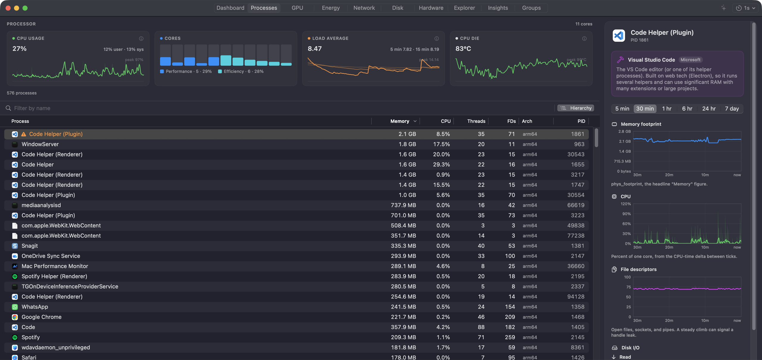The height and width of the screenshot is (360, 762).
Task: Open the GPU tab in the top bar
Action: pyautogui.click(x=297, y=8)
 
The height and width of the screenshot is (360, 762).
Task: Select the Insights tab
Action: pyautogui.click(x=498, y=8)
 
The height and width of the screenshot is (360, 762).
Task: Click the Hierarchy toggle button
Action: pyautogui.click(x=576, y=108)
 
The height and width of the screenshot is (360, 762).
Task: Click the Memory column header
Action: pyautogui.click(x=400, y=121)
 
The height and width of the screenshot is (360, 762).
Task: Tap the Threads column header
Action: pyautogui.click(x=476, y=121)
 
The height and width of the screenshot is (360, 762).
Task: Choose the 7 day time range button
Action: pyautogui.click(x=732, y=109)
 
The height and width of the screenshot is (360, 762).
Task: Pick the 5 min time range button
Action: pyautogui.click(x=622, y=109)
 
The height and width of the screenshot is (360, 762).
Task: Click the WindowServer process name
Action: pyautogui.click(x=40, y=144)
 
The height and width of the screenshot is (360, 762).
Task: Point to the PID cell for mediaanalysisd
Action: pyautogui.click(x=576, y=205)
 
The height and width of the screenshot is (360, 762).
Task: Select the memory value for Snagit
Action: pyautogui.click(x=403, y=246)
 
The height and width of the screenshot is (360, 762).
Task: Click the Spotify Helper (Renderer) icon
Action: pyautogui.click(x=15, y=276)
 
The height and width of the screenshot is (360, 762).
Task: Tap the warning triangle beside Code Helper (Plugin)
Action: pyautogui.click(x=24, y=134)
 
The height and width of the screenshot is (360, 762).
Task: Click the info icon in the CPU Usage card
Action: pyautogui.click(x=141, y=38)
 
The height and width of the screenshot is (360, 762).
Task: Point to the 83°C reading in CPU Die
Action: pyautogui.click(x=463, y=49)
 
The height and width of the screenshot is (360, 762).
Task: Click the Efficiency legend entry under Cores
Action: pyautogui.click(x=241, y=71)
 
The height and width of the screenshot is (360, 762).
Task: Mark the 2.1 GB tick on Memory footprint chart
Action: pyautogui.click(x=624, y=141)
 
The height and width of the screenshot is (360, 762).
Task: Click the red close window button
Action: pyautogui.click(x=8, y=8)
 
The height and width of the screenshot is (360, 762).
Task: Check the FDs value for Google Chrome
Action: pyautogui.click(x=510, y=317)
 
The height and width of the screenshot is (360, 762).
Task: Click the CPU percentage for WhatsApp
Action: pyautogui.click(x=443, y=307)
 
